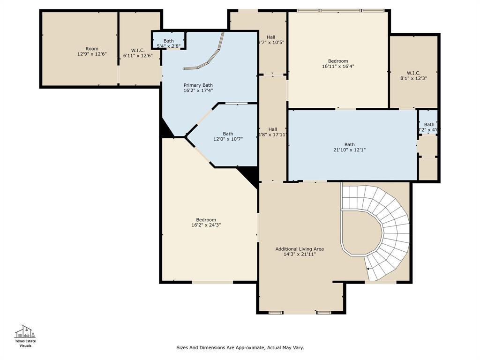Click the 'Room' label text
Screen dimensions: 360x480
point(92,49)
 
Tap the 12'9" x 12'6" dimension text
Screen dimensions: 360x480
point(92,54)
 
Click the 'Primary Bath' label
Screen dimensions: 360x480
point(198,85)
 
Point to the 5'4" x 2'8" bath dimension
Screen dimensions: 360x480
point(168,46)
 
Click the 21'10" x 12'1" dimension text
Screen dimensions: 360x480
point(349,150)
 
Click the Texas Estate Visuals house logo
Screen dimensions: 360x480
point(26,332)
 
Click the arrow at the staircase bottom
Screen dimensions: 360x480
point(369,269)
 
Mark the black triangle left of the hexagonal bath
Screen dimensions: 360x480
point(166,129)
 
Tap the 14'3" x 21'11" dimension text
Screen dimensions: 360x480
point(300,254)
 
